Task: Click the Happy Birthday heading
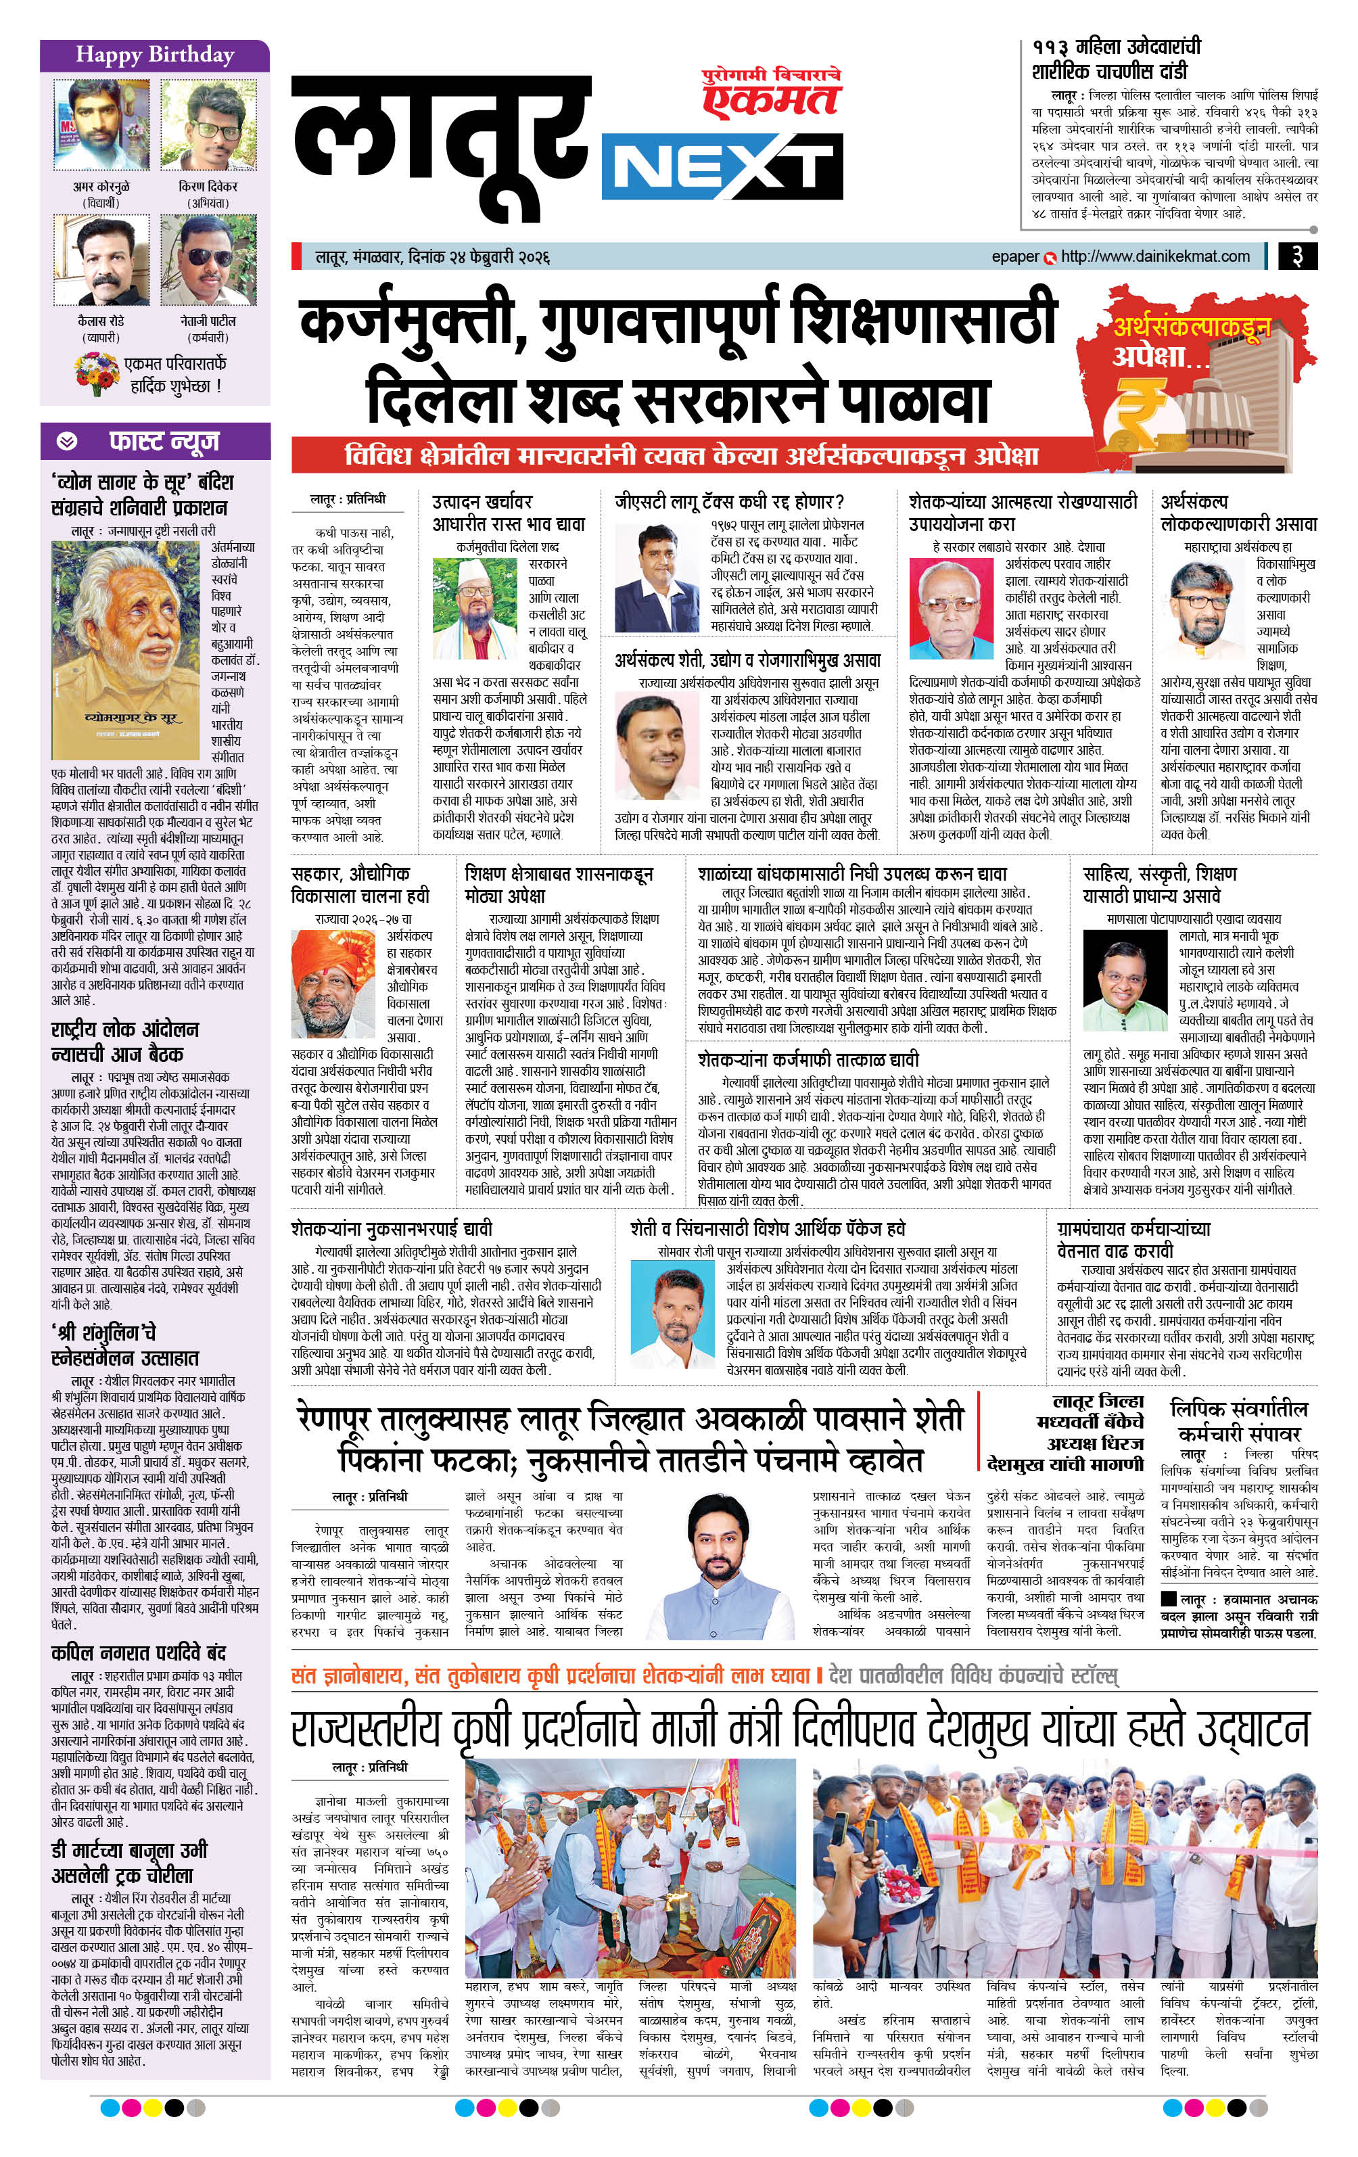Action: pos(154,55)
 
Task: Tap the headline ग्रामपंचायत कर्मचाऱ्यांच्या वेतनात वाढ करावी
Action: pos(1133,1239)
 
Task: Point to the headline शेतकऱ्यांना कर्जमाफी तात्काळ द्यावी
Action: pos(808,1059)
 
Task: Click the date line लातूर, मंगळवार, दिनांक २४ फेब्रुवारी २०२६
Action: pos(431,257)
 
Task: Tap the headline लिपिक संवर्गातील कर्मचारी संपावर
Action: pos(1239,1420)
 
